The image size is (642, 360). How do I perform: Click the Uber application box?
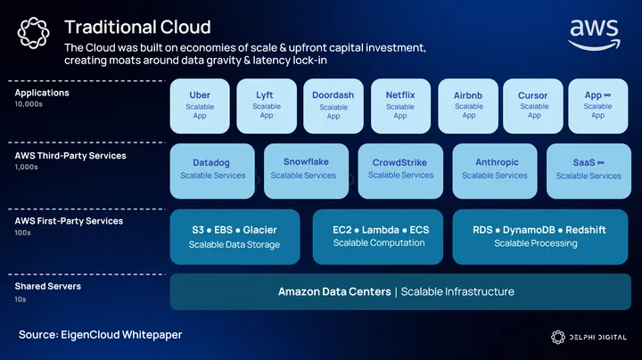(x=200, y=105)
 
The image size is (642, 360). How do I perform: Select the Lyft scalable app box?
(x=266, y=105)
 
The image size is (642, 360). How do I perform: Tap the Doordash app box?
(x=333, y=105)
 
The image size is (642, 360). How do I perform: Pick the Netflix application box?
(x=399, y=105)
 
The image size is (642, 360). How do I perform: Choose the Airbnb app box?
(x=468, y=105)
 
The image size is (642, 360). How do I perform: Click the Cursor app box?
(x=533, y=105)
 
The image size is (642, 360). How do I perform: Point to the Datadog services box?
(x=212, y=169)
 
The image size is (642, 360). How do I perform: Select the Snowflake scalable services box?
(x=306, y=169)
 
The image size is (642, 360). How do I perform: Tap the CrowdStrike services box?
(x=400, y=169)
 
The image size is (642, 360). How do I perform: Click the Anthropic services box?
(x=494, y=169)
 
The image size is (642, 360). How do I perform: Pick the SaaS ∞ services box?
(x=588, y=169)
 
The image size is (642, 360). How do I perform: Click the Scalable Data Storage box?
(x=235, y=236)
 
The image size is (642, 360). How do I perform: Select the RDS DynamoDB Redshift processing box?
(x=539, y=236)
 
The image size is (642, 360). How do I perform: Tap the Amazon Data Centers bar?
(x=399, y=291)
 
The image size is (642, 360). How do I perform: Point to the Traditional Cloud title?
(x=137, y=27)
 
